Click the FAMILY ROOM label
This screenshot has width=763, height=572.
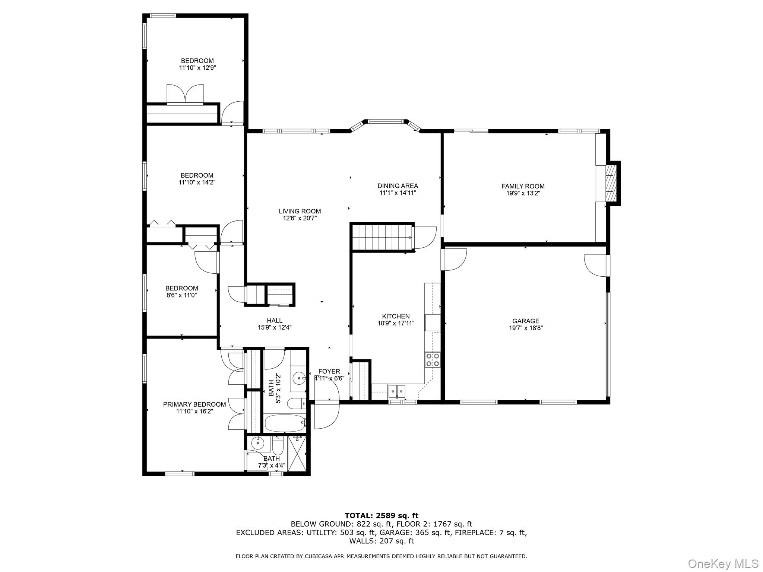(523, 186)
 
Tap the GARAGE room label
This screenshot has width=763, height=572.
(525, 321)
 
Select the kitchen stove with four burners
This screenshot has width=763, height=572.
(432, 360)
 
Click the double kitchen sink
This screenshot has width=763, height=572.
(397, 391)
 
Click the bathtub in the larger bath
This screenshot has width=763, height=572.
(285, 423)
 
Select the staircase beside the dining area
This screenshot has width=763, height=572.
(382, 237)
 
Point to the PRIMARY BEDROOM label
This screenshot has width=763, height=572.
(194, 404)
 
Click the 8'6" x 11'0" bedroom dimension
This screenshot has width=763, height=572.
(181, 295)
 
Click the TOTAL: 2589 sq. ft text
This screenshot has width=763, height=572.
(381, 516)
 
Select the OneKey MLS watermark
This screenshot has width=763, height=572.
(723, 563)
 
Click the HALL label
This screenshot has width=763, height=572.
(274, 321)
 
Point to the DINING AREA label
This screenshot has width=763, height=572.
(398, 186)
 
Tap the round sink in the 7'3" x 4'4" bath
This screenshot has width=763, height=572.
(257, 443)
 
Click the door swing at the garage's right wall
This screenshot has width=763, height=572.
(595, 266)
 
